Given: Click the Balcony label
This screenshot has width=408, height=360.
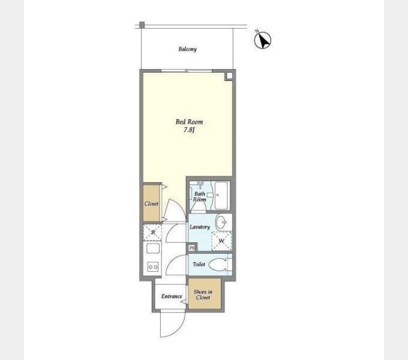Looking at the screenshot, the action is (x=187, y=49).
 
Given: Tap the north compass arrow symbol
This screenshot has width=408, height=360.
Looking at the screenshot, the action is (x=263, y=40).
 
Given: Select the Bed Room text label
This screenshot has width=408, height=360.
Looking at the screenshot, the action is (x=189, y=122).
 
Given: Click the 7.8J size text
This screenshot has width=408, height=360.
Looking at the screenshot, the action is (x=189, y=130).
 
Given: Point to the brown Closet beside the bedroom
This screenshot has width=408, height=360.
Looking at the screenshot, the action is (x=151, y=203).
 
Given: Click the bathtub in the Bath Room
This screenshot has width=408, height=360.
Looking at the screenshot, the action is (x=221, y=196).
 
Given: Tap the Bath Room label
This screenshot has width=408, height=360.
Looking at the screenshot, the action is (x=200, y=197).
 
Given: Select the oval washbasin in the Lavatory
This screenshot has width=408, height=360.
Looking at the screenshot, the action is (x=221, y=222).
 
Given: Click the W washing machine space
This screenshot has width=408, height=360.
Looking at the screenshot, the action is (x=221, y=241).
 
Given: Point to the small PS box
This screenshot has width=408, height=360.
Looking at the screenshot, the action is (x=192, y=248).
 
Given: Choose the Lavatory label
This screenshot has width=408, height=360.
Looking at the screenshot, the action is (x=200, y=227).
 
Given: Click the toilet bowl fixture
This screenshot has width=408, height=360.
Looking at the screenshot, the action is (x=218, y=265).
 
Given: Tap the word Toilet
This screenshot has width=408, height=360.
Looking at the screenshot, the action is (x=199, y=264).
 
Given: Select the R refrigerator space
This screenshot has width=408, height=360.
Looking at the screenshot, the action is (x=153, y=232).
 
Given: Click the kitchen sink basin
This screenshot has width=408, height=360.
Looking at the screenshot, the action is (x=153, y=248).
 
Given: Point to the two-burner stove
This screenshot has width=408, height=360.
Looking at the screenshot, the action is (x=153, y=267).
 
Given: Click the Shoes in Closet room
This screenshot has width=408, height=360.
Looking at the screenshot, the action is (x=205, y=294).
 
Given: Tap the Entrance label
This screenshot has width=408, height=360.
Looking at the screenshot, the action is (x=172, y=296).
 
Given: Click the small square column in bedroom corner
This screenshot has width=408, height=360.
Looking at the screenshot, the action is (x=229, y=76).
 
